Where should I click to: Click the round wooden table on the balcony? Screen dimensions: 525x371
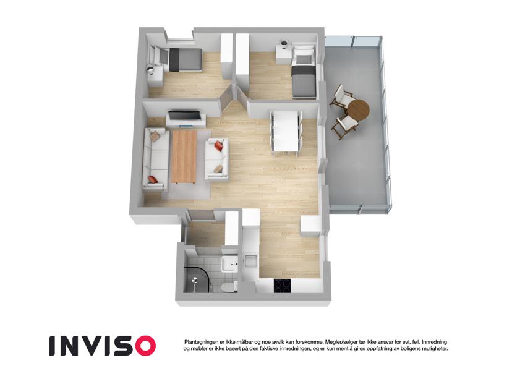[x=358, y=110]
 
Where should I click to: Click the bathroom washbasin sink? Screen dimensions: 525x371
[x=229, y=265]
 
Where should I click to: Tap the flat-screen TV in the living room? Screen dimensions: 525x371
[x=185, y=116]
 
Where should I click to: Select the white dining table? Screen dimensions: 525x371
[x=286, y=131]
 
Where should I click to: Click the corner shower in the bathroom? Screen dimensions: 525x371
[x=197, y=279]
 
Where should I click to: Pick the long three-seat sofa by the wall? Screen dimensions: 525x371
[x=156, y=159]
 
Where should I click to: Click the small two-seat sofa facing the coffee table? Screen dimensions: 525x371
[x=217, y=159]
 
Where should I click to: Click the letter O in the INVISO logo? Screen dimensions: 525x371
[x=143, y=346]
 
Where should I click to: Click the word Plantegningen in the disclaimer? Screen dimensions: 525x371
[x=200, y=342]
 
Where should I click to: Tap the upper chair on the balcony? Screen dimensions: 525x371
[x=341, y=97]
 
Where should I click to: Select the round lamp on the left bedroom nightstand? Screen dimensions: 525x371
[x=151, y=70]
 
